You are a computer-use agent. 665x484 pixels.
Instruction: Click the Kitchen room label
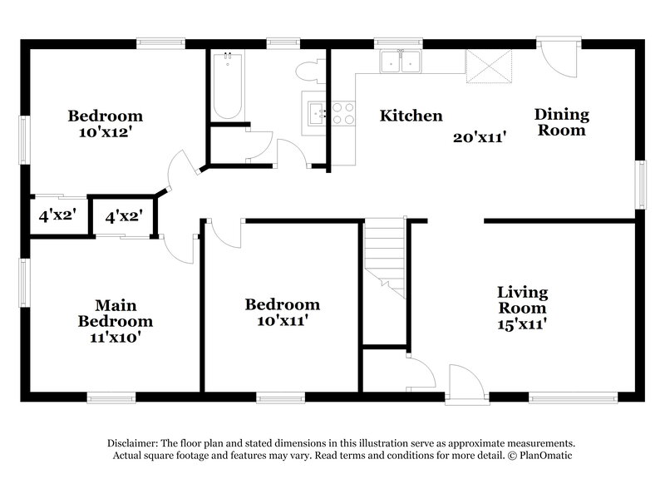tap(411, 116)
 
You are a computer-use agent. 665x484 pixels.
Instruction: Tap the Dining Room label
tap(561, 122)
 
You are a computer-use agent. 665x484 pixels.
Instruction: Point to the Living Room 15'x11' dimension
tap(521, 323)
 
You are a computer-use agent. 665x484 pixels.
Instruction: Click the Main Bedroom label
tap(116, 313)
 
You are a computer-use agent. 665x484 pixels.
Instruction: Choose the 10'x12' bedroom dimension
tap(105, 131)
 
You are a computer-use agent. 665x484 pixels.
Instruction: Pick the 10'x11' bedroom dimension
tap(282, 320)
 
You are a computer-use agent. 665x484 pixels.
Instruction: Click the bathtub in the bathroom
tap(228, 87)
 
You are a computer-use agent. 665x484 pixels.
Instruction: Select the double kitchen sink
tap(401, 62)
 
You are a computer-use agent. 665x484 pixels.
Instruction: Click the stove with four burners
tap(343, 113)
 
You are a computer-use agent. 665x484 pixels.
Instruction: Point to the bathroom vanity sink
tap(315, 113)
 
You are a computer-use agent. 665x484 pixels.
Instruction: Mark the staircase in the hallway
tap(386, 258)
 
